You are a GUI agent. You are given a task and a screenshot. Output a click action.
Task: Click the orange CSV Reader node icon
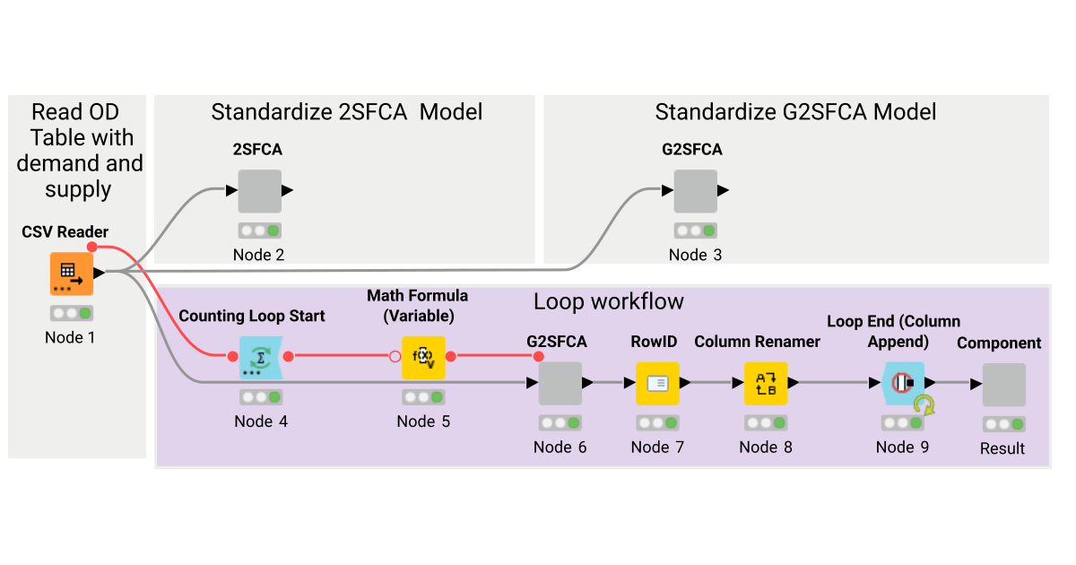[x=71, y=274]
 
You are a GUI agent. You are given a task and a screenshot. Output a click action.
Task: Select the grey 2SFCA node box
[x=259, y=191]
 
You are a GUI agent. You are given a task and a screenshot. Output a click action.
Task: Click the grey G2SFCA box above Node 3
[x=695, y=191]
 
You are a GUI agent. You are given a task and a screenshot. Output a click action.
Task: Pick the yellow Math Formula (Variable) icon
[x=423, y=358]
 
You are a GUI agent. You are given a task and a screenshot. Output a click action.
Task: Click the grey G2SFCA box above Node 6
[x=560, y=384]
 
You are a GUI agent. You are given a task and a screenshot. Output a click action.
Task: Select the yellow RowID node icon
[x=657, y=384]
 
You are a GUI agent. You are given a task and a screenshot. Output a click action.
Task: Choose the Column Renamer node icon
[x=766, y=384]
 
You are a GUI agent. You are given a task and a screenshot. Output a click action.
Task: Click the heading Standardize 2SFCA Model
[x=346, y=112]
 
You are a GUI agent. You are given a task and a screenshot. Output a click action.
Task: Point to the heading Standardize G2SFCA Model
[x=795, y=112]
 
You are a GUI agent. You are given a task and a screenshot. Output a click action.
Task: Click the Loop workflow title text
[x=608, y=301]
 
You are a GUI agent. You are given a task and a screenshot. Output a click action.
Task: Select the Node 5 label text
[x=423, y=421]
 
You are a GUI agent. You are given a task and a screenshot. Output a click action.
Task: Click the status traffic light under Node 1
[x=71, y=314]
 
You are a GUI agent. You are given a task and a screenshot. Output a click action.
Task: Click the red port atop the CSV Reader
[x=91, y=247]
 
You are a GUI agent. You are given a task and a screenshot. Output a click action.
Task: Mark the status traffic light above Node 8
[x=766, y=422]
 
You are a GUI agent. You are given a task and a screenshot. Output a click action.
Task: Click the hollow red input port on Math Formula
[x=395, y=357]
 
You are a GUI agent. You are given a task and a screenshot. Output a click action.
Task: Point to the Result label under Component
[x=1002, y=448]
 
